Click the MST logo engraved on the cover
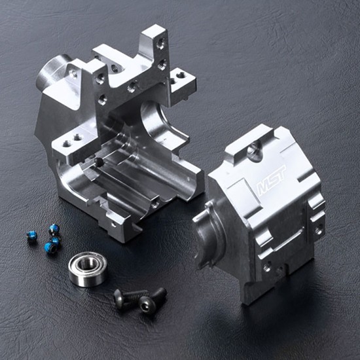point(271,181)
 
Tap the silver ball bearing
point(88,269)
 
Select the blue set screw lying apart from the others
point(31,236)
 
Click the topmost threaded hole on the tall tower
point(160,43)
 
